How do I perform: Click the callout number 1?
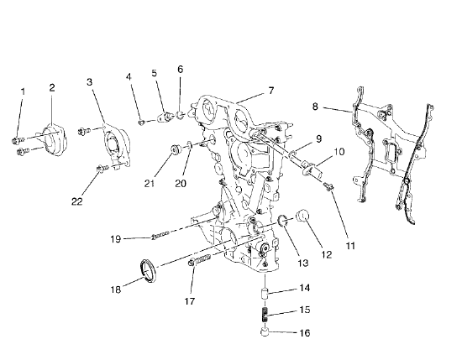(x=23, y=90)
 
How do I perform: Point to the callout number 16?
(x=304, y=333)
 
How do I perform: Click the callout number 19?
(x=117, y=239)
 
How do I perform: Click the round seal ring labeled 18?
(x=148, y=270)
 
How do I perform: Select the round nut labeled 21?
(x=174, y=150)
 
